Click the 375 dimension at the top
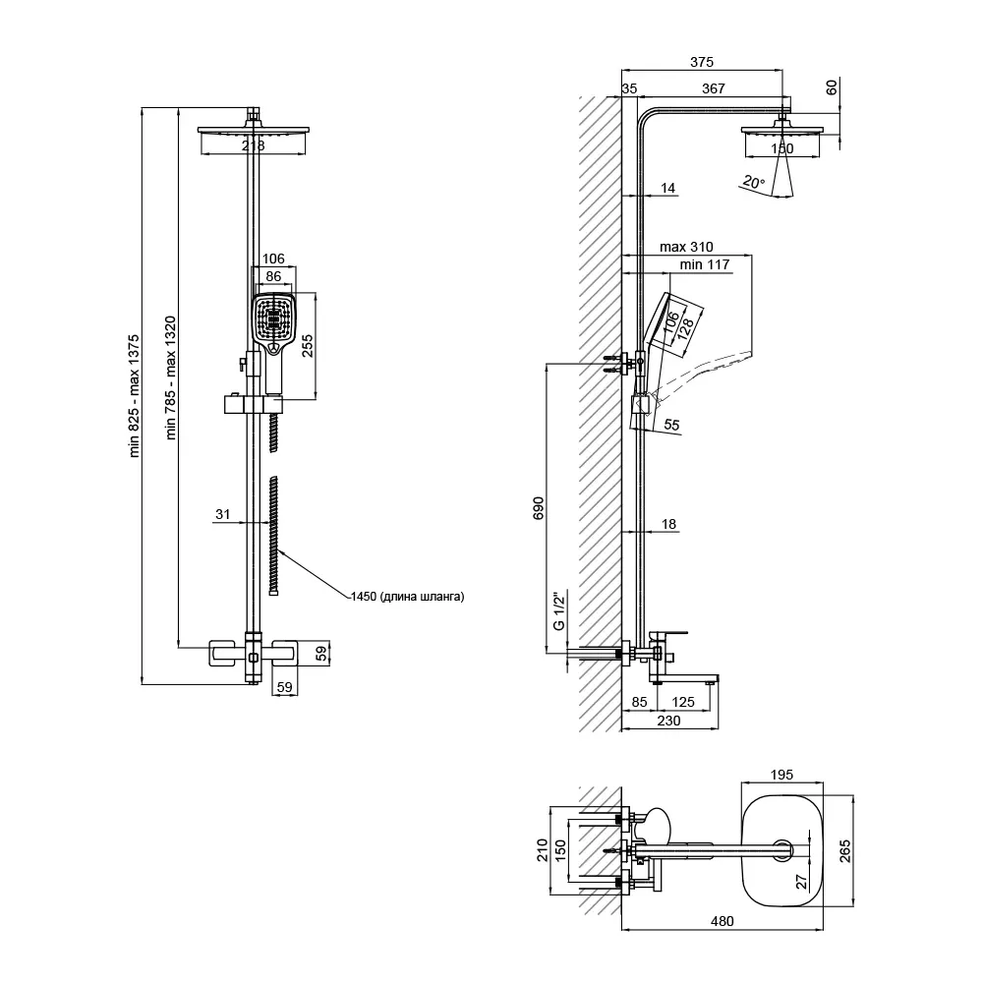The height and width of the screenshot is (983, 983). (702, 61)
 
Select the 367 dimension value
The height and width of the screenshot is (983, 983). (714, 88)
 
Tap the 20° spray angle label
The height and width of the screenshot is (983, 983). (753, 182)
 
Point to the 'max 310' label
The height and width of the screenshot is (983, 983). (686, 247)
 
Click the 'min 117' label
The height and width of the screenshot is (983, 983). (705, 264)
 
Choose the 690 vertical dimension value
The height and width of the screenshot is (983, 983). (539, 508)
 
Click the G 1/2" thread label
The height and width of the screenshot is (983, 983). (558, 610)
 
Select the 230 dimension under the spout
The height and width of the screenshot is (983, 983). (668, 721)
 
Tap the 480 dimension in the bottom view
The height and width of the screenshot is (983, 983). (722, 921)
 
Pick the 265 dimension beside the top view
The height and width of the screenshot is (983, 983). (845, 850)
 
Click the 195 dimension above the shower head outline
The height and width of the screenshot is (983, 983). (781, 775)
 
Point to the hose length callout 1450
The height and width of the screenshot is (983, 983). (408, 597)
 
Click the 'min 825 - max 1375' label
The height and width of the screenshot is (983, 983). (134, 396)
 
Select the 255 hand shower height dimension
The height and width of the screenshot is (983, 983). (307, 345)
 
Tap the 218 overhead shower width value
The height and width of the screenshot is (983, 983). (253, 145)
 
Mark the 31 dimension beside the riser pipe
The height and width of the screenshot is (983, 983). (222, 514)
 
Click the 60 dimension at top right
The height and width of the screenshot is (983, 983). (832, 87)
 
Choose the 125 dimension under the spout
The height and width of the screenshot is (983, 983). (683, 702)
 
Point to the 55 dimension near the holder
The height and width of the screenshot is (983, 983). (671, 425)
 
